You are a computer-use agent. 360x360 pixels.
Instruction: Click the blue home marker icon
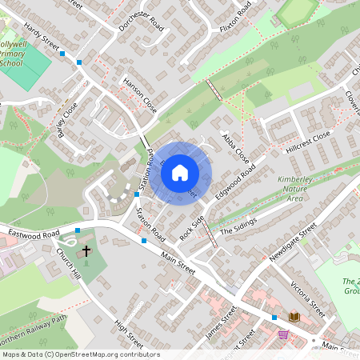[180, 173]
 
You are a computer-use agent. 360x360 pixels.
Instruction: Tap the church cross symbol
[86, 250]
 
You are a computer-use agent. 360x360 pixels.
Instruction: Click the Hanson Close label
[139, 95]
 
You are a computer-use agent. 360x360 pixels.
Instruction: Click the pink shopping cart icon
[283, 334]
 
